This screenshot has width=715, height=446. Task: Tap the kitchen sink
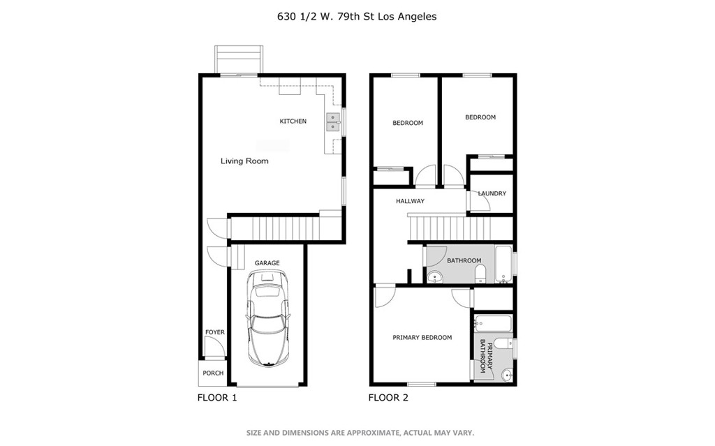332,123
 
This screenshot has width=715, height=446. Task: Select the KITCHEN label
293,121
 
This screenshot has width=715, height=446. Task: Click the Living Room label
244,161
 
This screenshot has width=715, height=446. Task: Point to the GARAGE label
267,263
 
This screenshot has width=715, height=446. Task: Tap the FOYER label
214,332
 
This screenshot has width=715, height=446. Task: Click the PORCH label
213,373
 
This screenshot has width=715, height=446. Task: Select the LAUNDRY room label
492,194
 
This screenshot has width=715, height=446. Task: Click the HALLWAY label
410,201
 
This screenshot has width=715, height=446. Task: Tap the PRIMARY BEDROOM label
422,338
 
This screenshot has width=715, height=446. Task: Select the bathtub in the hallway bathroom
504,265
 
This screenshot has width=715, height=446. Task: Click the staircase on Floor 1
275,228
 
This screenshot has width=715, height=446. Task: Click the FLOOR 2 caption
388,398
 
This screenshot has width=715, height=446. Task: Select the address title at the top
357,16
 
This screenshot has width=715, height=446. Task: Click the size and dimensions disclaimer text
360,433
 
